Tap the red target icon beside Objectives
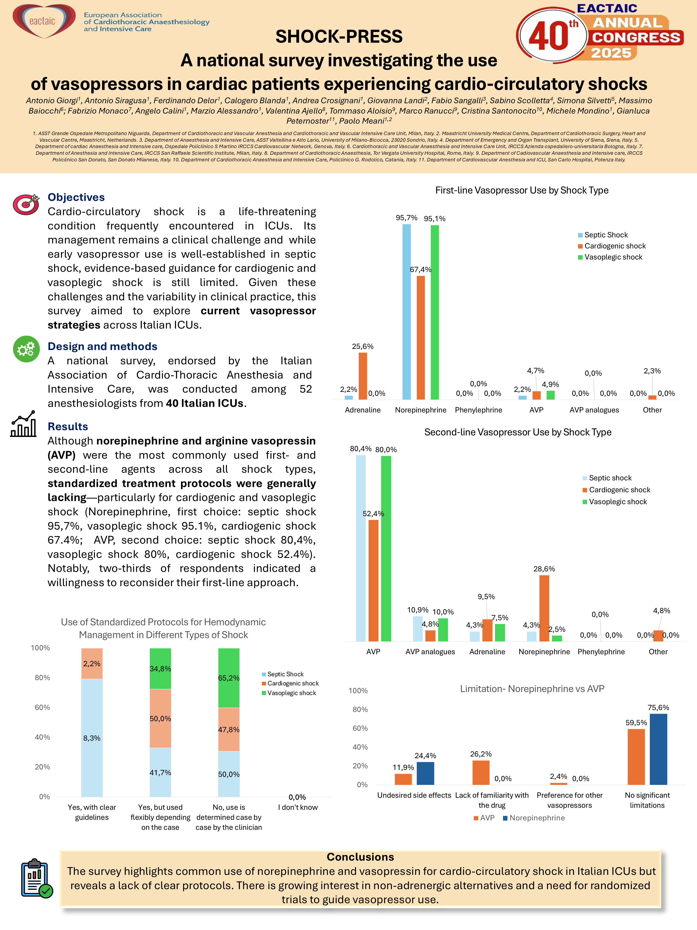tap(26, 204)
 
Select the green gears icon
tap(26, 349)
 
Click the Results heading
tap(68, 426)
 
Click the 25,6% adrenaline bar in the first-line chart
tap(363, 376)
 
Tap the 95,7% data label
tap(406, 218)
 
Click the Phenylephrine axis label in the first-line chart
tap(478, 410)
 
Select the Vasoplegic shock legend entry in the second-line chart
tap(618, 502)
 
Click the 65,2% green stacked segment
tap(229, 678)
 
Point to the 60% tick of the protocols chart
tap(42, 707)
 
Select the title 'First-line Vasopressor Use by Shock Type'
tap(521, 190)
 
